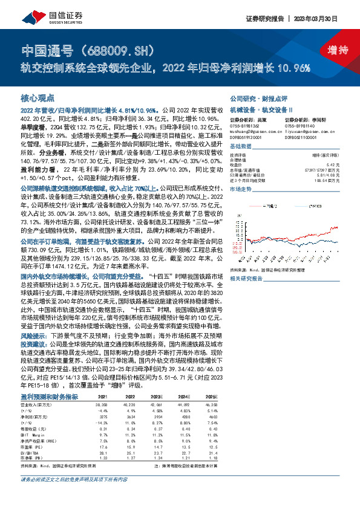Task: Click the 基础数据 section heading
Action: (x=241, y=146)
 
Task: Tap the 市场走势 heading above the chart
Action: (x=241, y=189)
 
